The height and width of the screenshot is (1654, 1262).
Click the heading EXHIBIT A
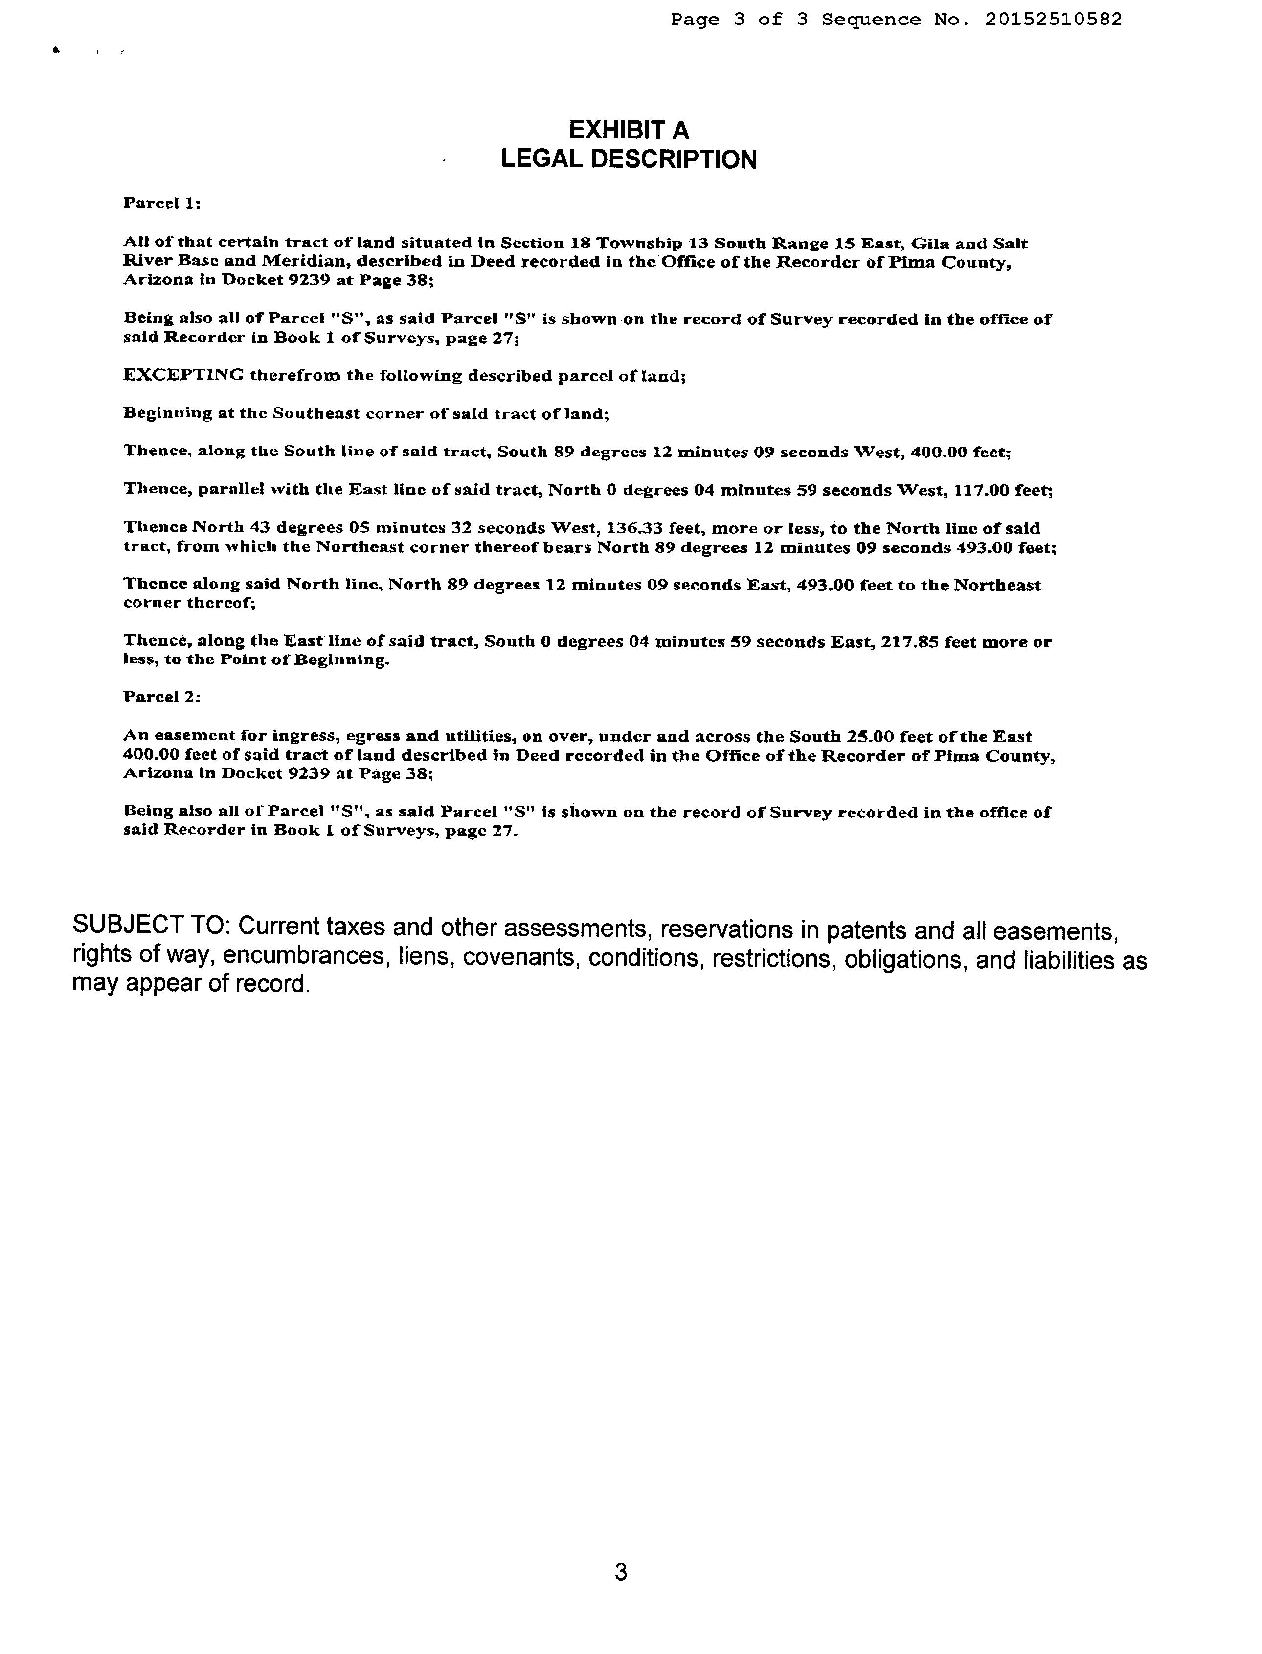click(x=628, y=130)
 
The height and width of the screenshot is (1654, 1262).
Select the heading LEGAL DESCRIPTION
click(x=628, y=159)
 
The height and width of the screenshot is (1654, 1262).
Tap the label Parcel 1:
click(x=161, y=204)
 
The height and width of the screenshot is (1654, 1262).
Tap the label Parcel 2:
click(x=161, y=697)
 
